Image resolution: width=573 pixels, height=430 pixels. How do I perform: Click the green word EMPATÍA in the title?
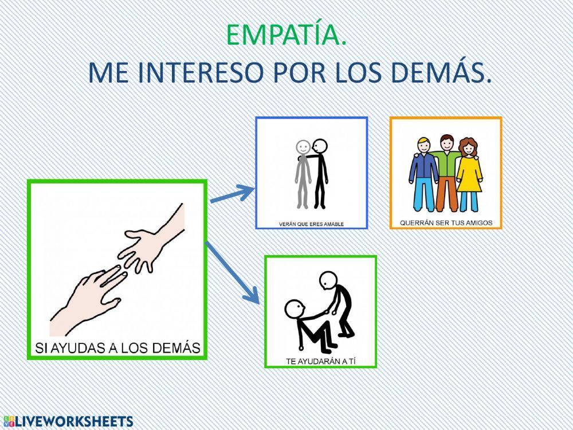[286, 36]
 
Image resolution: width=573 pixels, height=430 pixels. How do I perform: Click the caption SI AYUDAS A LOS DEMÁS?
[117, 347]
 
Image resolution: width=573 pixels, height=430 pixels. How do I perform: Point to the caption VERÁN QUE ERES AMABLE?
[312, 224]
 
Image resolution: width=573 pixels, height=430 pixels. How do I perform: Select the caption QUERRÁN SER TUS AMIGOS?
[446, 222]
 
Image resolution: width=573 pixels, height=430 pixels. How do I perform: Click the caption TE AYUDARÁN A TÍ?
[320, 361]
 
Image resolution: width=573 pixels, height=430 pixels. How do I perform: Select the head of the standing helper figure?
[327, 280]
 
